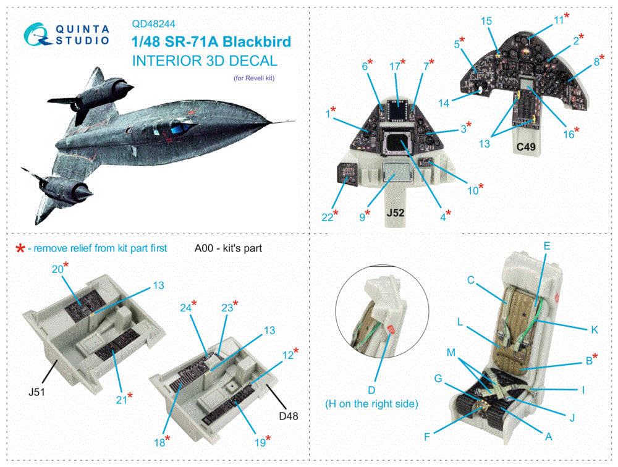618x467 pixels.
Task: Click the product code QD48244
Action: tap(154, 23)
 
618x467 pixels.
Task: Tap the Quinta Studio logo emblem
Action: tap(37, 35)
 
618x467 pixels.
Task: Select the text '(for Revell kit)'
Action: tap(254, 78)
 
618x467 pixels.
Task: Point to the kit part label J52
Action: tap(396, 213)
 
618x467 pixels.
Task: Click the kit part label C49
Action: tap(526, 147)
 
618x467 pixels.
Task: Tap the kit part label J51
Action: tap(36, 392)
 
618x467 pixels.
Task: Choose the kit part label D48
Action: tap(289, 416)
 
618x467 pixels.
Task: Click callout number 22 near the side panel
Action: tap(327, 217)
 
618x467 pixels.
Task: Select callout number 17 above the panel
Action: tap(394, 67)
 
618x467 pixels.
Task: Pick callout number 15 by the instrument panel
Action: tap(486, 21)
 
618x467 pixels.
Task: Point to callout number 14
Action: tap(444, 103)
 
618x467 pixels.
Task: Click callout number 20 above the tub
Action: tap(57, 269)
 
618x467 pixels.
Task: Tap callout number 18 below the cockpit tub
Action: tap(159, 442)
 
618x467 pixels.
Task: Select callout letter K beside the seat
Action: tap(595, 329)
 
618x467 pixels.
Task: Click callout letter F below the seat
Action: tap(427, 437)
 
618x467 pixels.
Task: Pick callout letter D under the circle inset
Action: tap(371, 390)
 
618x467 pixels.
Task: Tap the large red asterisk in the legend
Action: tap(20, 248)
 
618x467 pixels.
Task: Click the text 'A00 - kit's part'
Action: tap(228, 248)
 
